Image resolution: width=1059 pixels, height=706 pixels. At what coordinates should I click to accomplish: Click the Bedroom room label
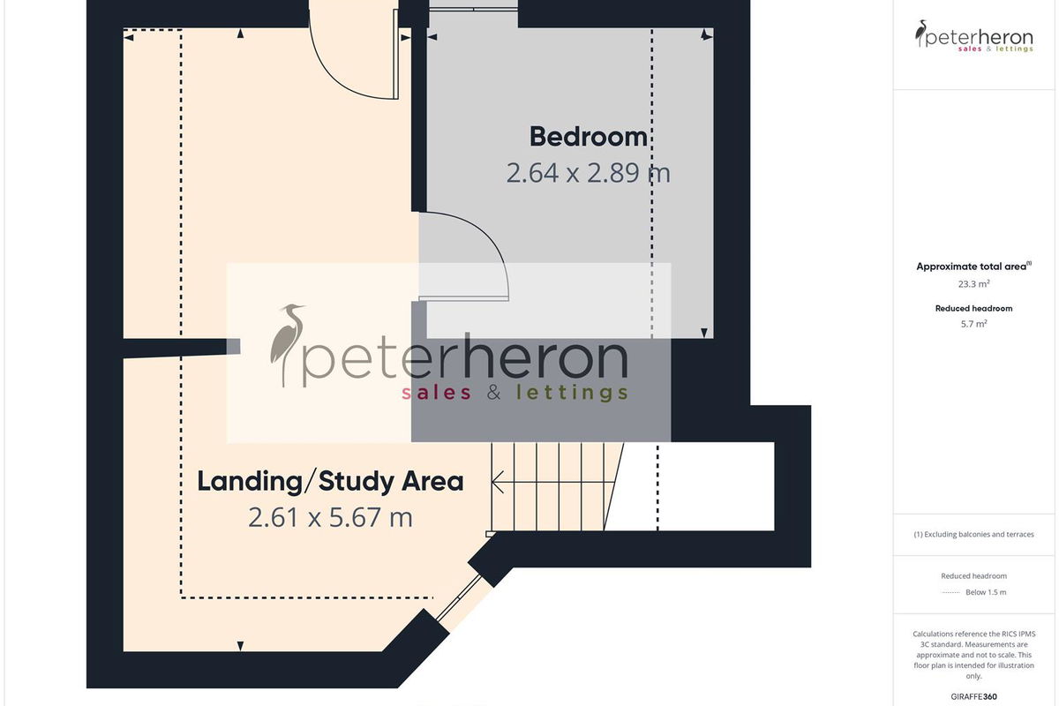[588, 137]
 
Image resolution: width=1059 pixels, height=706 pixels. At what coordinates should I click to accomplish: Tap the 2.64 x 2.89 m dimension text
[588, 173]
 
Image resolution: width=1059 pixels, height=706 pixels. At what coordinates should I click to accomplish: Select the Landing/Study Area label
[330, 481]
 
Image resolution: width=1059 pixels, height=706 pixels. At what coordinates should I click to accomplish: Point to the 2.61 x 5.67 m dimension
[330, 517]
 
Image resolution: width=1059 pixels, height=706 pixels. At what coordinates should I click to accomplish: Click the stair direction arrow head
[498, 483]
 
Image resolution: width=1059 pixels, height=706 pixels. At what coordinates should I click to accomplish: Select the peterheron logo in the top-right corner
[974, 36]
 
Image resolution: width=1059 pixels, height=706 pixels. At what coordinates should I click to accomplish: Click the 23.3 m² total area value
[974, 284]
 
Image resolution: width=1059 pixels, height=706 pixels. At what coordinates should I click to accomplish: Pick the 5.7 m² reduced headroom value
[974, 324]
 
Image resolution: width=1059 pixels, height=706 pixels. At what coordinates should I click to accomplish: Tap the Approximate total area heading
[974, 267]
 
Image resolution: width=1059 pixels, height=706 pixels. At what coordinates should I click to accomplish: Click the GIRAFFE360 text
[974, 696]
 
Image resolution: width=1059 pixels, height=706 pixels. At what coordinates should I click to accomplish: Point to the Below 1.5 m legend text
[986, 592]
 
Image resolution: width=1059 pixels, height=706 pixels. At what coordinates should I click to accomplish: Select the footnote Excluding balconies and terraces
[974, 534]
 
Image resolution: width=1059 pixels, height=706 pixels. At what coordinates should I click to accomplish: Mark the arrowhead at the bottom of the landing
[240, 646]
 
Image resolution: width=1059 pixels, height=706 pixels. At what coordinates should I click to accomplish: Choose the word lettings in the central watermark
[572, 393]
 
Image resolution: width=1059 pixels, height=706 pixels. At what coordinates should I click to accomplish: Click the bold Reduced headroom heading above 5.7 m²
[974, 308]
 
